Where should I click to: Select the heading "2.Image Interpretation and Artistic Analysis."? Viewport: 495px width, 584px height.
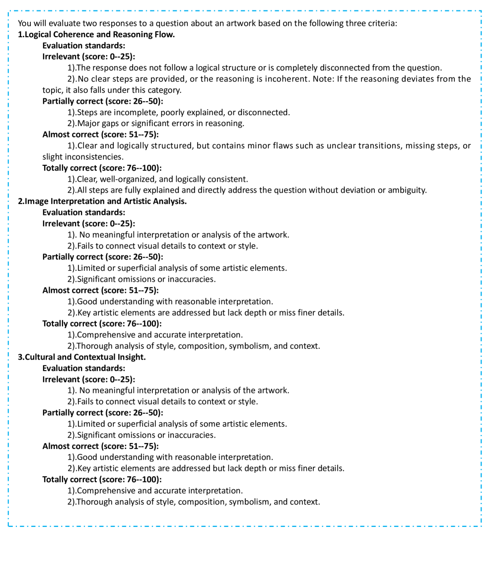pyautogui.click(x=102, y=201)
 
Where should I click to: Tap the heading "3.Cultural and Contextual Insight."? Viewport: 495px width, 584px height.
pyautogui.click(x=82, y=357)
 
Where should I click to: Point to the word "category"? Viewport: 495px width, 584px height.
pyautogui.click(x=165, y=90)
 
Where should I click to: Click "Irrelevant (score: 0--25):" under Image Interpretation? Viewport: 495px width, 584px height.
pyautogui.click(x=89, y=224)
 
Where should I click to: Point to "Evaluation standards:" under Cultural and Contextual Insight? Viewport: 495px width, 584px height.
pyautogui.click(x=84, y=368)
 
